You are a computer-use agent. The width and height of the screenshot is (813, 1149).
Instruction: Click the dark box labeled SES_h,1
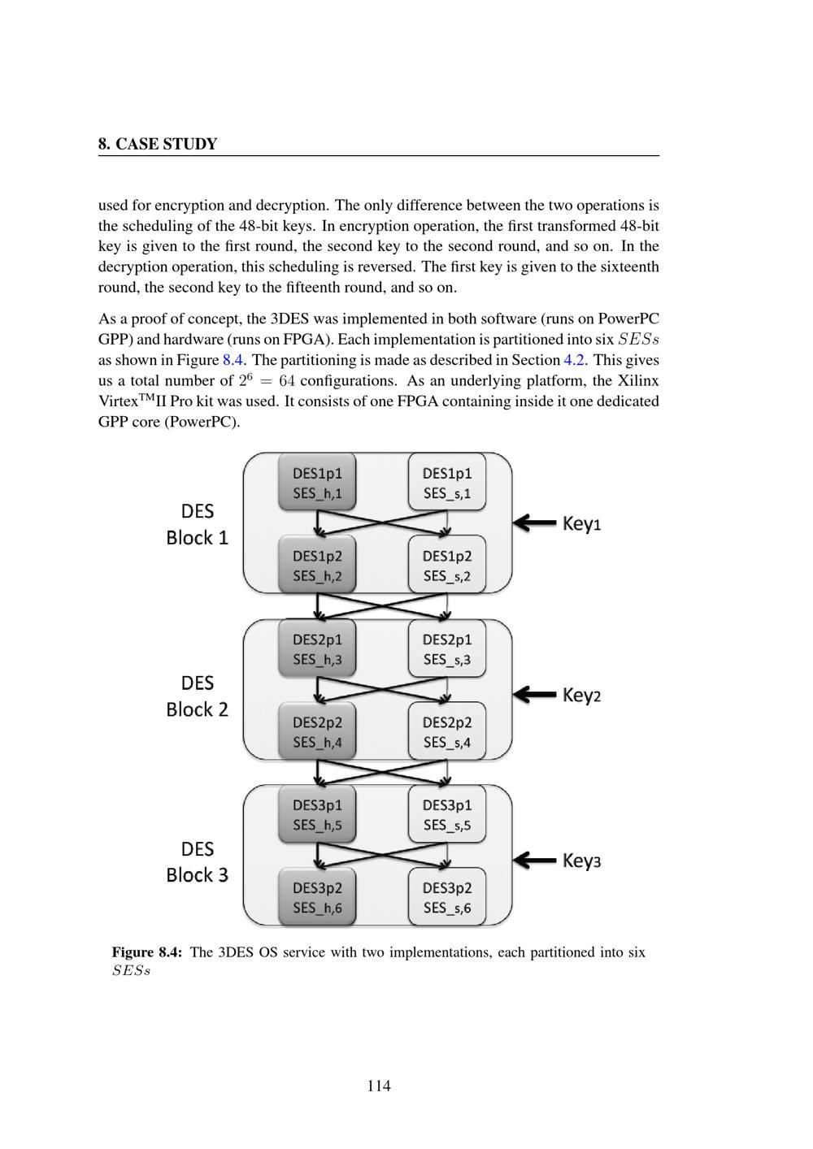pos(317,483)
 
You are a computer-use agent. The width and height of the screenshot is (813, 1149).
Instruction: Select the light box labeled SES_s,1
pos(447,483)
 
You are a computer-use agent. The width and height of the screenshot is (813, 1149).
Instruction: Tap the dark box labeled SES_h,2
pos(317,566)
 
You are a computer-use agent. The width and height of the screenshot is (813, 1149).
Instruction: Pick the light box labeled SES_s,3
pos(447,649)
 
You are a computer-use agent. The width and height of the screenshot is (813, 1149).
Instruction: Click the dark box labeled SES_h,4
pos(317,732)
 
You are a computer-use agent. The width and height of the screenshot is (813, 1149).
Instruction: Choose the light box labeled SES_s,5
pos(447,815)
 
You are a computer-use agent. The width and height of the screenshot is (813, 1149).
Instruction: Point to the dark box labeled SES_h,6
pos(317,898)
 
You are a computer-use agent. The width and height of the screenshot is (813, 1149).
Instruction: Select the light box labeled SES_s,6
pos(447,898)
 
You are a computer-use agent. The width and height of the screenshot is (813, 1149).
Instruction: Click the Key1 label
pos(581,524)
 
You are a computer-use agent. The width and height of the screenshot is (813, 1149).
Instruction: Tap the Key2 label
pos(581,696)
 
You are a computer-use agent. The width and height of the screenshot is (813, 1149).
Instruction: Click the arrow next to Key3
pos(534,861)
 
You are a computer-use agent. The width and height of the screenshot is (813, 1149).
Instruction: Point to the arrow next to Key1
pos(534,523)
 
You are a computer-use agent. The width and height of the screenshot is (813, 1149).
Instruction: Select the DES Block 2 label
pos(198,696)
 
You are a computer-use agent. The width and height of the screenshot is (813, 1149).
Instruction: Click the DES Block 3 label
pos(198,862)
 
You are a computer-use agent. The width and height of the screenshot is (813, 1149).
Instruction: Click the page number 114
pos(379,1086)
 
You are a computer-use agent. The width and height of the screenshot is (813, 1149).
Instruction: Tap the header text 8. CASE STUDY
pos(158,145)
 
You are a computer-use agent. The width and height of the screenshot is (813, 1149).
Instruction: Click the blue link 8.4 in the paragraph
pos(233,360)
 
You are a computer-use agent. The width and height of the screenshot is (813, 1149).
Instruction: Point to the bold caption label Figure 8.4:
pos(147,952)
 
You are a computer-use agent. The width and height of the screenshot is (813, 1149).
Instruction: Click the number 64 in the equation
pos(287,381)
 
